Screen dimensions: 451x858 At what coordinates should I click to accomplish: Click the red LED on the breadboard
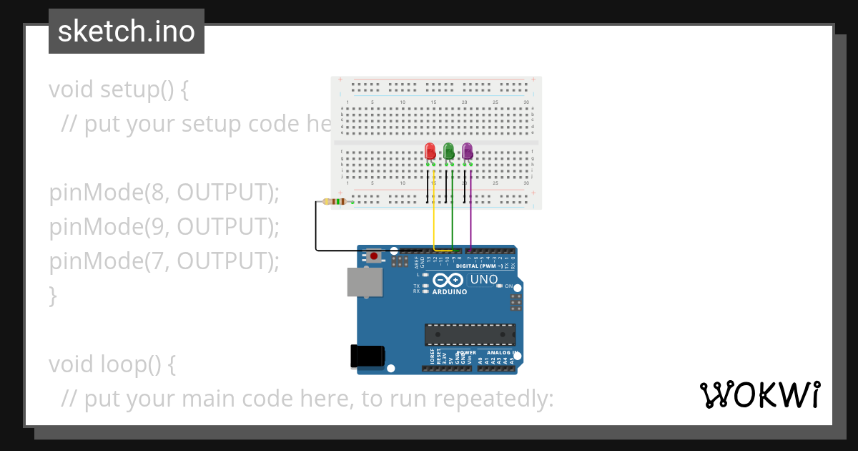[430, 152]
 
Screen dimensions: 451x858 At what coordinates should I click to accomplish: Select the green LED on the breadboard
[449, 152]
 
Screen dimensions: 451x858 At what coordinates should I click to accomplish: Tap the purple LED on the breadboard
[467, 152]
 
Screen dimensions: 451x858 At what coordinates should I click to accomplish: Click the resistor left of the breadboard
[336, 202]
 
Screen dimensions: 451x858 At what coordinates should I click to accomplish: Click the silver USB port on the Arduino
[365, 282]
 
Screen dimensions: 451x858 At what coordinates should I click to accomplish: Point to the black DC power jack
[368, 356]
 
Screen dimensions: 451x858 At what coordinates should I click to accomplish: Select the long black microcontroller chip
[470, 334]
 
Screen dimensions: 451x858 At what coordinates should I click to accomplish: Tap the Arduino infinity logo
[448, 280]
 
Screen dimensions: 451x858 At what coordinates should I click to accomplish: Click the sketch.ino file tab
[127, 31]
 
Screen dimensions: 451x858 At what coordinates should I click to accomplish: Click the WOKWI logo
[759, 394]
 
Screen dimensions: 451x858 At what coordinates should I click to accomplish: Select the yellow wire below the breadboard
[434, 215]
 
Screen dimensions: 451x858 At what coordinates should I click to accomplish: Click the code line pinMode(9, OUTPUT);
[164, 227]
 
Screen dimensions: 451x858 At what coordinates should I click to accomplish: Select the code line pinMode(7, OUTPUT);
[164, 261]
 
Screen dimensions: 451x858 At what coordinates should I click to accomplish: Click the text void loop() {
[112, 364]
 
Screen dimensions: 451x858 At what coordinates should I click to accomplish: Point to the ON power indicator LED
[500, 286]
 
